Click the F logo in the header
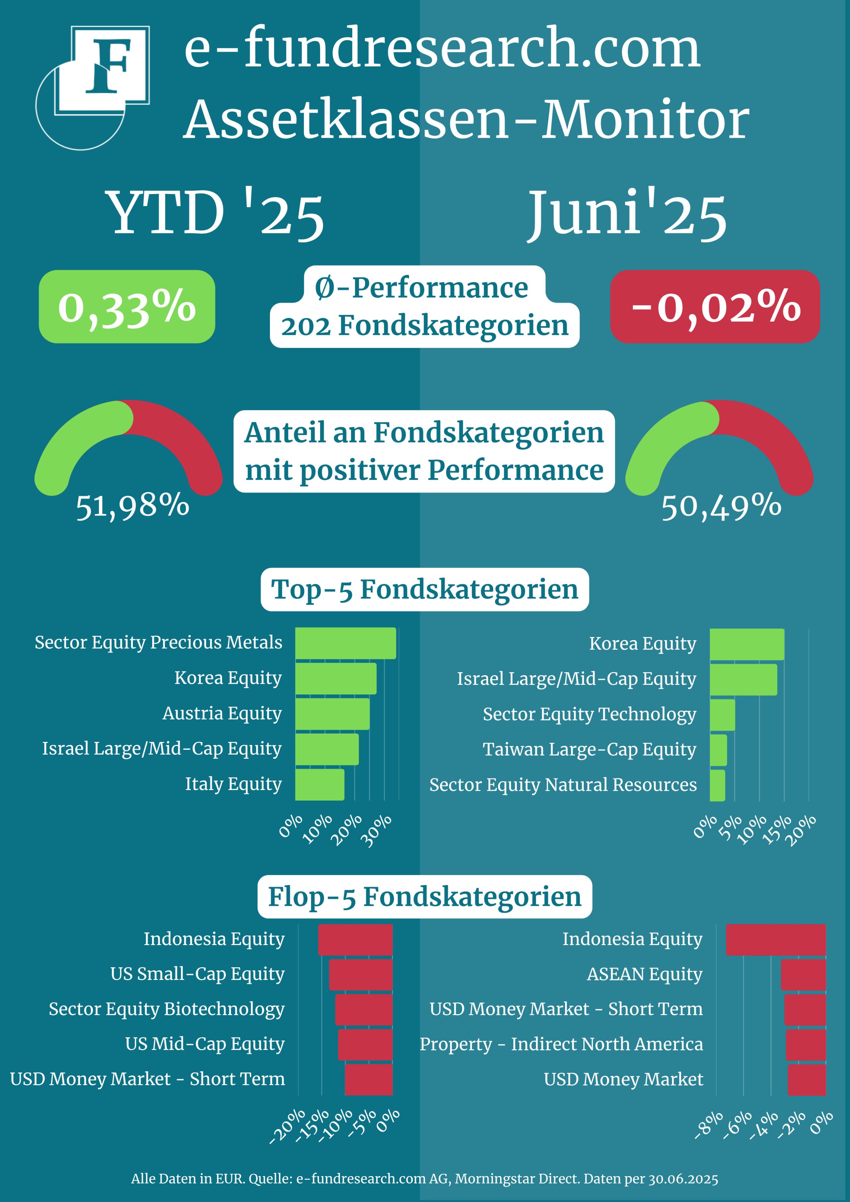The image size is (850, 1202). (x=103, y=71)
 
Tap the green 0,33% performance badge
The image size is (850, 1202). (x=127, y=307)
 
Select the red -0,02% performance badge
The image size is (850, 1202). (x=715, y=307)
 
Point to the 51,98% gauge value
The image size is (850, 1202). (x=132, y=506)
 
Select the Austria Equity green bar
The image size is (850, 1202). (x=332, y=714)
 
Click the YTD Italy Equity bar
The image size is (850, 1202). (x=319, y=784)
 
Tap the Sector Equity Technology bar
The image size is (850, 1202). (x=722, y=715)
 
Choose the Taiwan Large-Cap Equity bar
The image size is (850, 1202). (x=718, y=750)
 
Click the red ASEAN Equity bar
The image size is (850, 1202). (x=803, y=974)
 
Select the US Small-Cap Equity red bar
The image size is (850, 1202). (x=360, y=974)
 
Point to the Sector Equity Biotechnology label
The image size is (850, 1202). (x=167, y=1009)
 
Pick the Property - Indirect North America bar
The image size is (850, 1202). (x=806, y=1044)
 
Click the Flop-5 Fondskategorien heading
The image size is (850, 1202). (x=425, y=897)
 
